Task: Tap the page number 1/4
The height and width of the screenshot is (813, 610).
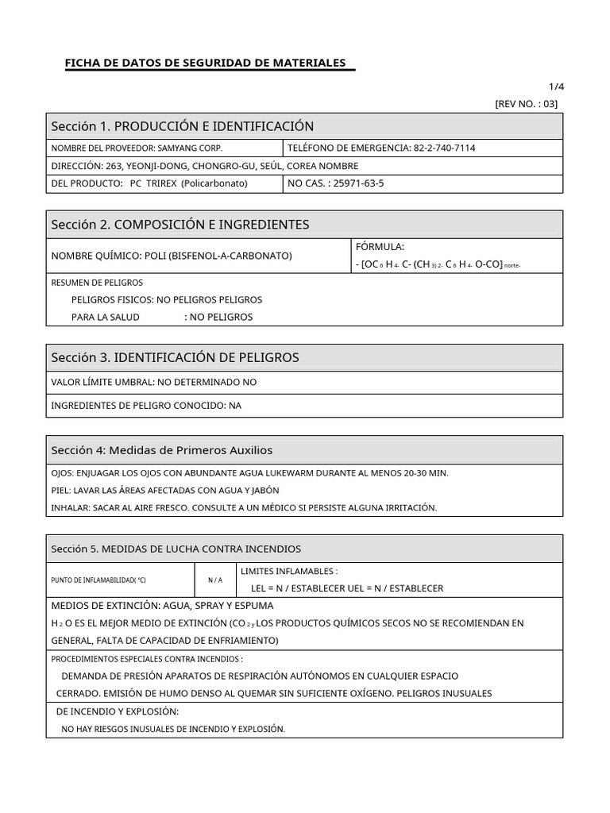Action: pos(557,87)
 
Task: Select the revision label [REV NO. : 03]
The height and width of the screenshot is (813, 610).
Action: pos(526,104)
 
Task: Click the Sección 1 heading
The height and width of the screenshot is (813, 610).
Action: pos(183,126)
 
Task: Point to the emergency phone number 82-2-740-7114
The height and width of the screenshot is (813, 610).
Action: pos(444,148)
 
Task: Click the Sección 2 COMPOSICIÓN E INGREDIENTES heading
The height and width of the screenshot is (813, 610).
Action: pos(180,225)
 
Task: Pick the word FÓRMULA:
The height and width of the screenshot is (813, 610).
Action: pos(380,247)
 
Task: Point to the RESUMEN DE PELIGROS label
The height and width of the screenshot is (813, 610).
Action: pos(97,283)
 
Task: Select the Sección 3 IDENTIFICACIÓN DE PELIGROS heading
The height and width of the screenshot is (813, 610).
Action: pos(176,358)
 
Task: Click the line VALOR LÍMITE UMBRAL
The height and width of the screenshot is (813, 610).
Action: pos(154,382)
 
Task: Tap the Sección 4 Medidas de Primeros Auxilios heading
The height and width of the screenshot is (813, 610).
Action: pos(162,450)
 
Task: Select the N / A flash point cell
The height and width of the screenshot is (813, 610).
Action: pos(215,580)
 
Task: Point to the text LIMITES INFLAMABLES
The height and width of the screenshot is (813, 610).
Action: pos(288,571)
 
